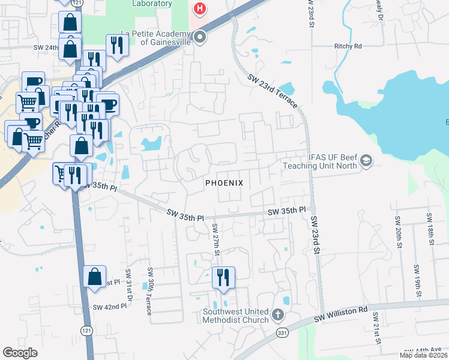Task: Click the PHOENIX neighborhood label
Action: (224, 182)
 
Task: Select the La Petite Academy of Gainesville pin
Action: (200, 38)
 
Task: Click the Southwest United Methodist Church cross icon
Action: (277, 314)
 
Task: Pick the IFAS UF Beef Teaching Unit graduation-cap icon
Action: (366, 161)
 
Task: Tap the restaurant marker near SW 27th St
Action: (223, 277)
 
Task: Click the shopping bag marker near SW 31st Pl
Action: (95, 277)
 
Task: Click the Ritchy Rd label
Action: (348, 46)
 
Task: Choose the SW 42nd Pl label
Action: (110, 307)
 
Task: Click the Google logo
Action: (20, 353)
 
